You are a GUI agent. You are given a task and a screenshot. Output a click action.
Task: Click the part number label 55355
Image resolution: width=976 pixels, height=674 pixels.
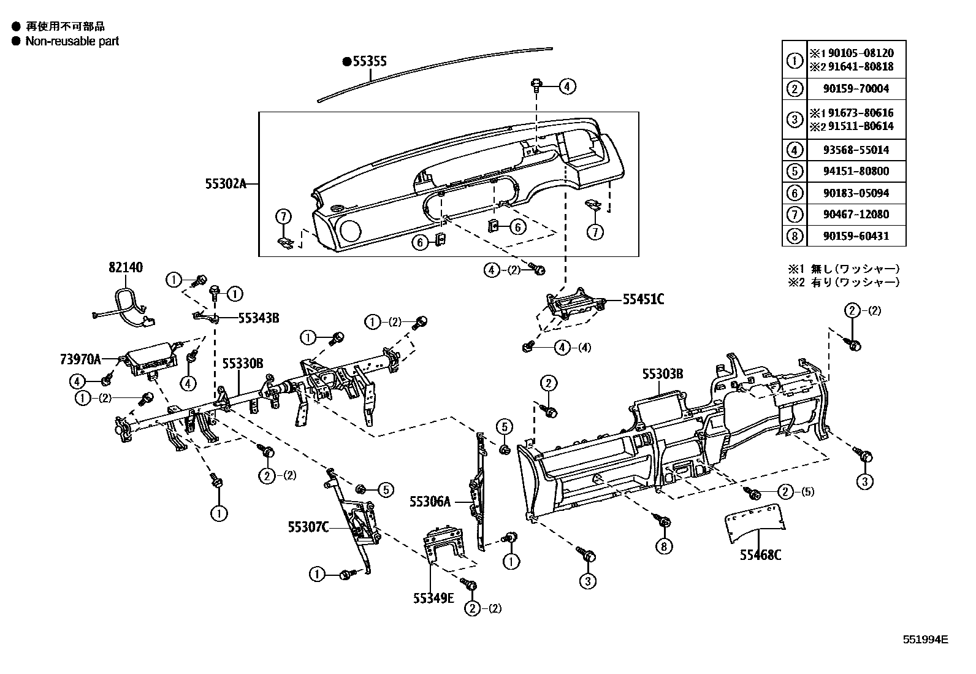[x=368, y=61]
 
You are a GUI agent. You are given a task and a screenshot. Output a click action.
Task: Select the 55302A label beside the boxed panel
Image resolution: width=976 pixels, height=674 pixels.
[x=226, y=183]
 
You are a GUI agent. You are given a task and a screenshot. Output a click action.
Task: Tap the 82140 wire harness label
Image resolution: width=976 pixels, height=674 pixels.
[x=126, y=267]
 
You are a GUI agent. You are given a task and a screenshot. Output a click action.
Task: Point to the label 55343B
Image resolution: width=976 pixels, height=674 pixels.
[x=258, y=318]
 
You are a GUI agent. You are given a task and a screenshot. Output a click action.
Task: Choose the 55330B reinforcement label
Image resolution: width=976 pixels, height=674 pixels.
[x=242, y=364]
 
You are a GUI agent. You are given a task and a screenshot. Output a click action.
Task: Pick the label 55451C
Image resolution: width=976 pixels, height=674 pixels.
[x=643, y=299]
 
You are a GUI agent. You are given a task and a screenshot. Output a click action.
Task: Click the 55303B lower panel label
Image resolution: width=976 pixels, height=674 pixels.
[x=663, y=373]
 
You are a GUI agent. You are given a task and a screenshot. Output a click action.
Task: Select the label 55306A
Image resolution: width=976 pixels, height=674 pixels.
[x=430, y=502]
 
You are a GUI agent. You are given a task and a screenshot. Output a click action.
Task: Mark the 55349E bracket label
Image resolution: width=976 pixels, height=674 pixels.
[x=433, y=598]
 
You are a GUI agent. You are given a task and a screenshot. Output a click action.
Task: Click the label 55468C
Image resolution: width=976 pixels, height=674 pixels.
[x=760, y=555]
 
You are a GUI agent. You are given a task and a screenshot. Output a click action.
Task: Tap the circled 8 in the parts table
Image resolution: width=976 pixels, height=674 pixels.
[x=795, y=236]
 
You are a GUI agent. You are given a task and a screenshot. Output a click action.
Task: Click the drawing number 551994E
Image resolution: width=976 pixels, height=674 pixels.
[x=925, y=639]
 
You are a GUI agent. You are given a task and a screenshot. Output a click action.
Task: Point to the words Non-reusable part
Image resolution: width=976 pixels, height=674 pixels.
[x=72, y=41]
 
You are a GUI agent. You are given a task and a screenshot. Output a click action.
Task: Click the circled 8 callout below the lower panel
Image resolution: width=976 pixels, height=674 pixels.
[x=663, y=546]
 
